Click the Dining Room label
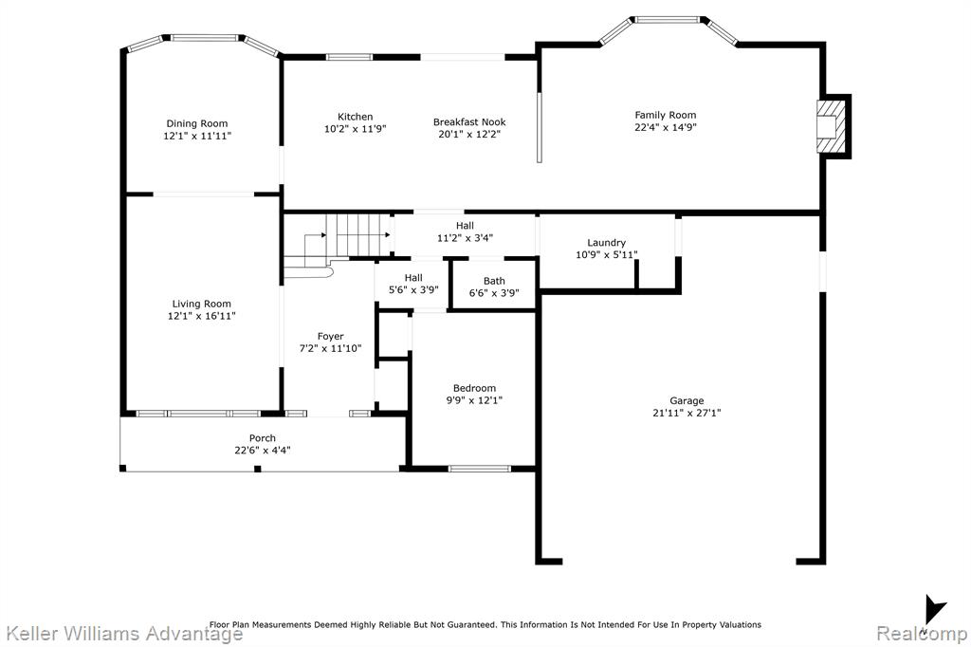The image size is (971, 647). tap(197, 123)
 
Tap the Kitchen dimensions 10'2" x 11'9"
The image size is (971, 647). tap(356, 129)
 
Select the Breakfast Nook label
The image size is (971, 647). tap(469, 122)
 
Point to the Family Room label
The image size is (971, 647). tap(666, 115)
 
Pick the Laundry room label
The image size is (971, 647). tap(606, 242)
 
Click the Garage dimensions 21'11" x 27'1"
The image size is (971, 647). tap(687, 413)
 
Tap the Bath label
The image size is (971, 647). tap(494, 281)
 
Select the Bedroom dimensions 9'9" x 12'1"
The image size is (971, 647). tap(474, 400)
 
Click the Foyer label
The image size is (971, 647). tap(330, 337)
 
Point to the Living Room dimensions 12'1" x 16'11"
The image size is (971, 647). tap(202, 316)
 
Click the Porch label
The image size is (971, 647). tap(263, 438)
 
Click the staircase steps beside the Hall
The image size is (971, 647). tap(357, 235)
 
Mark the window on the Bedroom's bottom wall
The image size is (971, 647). tap(480, 469)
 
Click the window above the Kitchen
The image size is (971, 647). tap(349, 57)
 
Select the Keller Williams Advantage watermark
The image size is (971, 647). tap(124, 634)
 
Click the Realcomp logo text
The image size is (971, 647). tap(922, 634)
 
